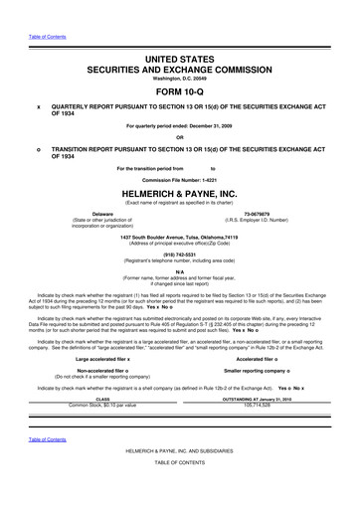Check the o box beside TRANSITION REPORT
38,151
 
